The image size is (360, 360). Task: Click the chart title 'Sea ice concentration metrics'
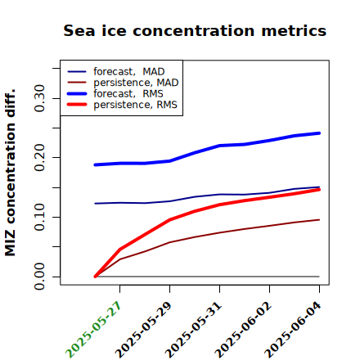click(x=195, y=30)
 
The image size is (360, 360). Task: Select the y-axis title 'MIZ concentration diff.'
click(x=10, y=173)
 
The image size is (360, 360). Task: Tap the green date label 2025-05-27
click(x=93, y=330)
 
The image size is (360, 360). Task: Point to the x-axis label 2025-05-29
click(x=143, y=330)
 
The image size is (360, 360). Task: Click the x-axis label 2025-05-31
click(x=193, y=330)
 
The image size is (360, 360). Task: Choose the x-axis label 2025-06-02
click(x=243, y=330)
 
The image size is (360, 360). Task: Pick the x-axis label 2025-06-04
click(x=293, y=330)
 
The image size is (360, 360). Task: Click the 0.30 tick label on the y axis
click(x=39, y=98)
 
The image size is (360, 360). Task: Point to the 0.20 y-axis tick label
click(x=39, y=158)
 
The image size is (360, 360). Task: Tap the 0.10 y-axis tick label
click(x=39, y=217)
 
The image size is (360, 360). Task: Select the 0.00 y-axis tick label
click(x=39, y=277)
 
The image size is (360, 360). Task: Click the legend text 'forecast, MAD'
click(x=129, y=72)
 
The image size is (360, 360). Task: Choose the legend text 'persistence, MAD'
click(x=136, y=83)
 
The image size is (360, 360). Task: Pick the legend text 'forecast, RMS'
click(x=128, y=93)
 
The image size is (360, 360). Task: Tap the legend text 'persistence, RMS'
click(x=135, y=105)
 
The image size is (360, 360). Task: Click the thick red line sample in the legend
click(x=77, y=105)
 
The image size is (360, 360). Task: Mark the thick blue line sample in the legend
click(x=77, y=93)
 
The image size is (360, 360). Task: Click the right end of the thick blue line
click(x=319, y=133)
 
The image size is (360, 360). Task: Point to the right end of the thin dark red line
click(x=319, y=220)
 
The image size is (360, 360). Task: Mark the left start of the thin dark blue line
click(x=95, y=204)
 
